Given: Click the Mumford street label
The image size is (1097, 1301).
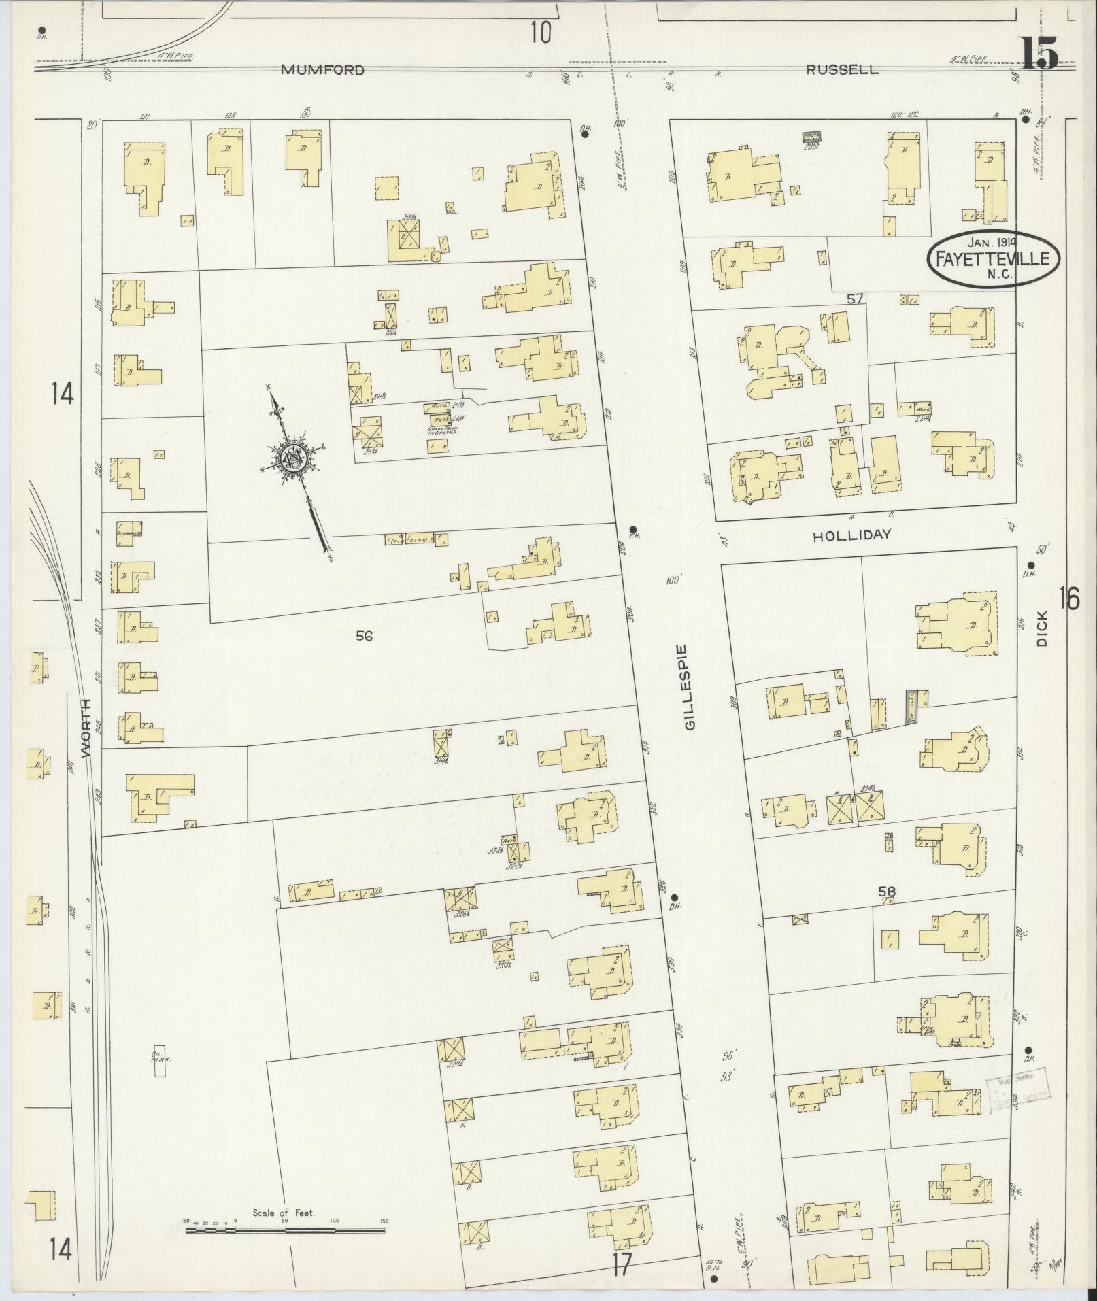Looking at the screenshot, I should pos(322,69).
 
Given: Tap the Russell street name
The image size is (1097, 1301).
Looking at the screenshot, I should pos(842,69).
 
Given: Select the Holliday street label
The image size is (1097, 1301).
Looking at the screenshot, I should pos(851,535).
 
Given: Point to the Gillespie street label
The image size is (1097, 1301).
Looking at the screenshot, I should pos(691,687).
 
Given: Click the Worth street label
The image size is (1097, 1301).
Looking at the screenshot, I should pos(86,727).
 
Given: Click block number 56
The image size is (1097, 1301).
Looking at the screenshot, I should pos(365,636).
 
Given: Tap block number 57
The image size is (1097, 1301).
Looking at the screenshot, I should pos(855,298).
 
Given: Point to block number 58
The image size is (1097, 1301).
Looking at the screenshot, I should pos(887,892).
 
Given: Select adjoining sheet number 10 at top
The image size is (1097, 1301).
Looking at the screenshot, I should pos(541,32).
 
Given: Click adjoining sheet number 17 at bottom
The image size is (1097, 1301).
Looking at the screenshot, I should pos(622,1264).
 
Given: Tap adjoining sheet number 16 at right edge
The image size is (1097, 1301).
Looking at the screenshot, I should pos(1069,599).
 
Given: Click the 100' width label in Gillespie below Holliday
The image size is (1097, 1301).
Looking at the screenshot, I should pos(674,580).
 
